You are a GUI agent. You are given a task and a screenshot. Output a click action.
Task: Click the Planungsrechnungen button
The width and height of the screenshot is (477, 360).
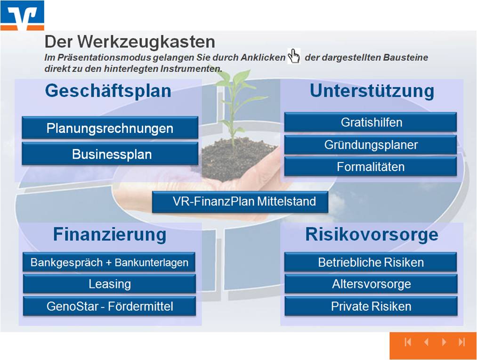[110, 128]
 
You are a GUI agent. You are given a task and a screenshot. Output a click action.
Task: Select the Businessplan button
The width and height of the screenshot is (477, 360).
[110, 154]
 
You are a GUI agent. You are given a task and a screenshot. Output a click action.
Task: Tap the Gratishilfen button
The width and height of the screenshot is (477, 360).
[371, 122]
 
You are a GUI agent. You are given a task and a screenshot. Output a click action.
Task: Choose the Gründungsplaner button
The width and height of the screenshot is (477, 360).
[371, 145]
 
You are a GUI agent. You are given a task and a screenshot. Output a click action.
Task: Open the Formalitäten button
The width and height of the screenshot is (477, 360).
[371, 166]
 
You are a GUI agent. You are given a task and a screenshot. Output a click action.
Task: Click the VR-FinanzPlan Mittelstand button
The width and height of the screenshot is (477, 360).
[240, 202]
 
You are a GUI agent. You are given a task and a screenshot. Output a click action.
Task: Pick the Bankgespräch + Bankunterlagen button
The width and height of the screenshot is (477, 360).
[109, 262]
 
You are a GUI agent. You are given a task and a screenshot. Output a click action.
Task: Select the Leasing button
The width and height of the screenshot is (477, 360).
[109, 284]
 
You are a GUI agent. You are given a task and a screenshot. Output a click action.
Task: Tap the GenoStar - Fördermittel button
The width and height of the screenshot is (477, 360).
[109, 306]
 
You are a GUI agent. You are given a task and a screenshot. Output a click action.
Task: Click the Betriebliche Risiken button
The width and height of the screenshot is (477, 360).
[371, 262]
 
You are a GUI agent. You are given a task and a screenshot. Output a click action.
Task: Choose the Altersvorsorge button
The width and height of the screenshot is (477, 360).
[371, 284]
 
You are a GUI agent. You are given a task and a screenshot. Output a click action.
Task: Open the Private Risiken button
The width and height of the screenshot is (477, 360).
[371, 306]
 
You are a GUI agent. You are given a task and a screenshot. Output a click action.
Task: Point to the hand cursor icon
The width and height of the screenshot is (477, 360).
[294, 56]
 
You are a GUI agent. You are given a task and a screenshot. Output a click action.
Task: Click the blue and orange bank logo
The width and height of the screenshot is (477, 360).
[22, 16]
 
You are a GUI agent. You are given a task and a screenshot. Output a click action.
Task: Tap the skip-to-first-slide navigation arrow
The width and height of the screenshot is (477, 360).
[408, 342]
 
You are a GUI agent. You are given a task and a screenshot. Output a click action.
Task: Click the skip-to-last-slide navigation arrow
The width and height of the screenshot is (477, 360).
[462, 342]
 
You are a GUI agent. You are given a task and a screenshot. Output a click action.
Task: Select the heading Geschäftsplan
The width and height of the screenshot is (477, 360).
[108, 90]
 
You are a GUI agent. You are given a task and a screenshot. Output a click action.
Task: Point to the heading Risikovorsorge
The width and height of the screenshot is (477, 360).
[372, 234]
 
